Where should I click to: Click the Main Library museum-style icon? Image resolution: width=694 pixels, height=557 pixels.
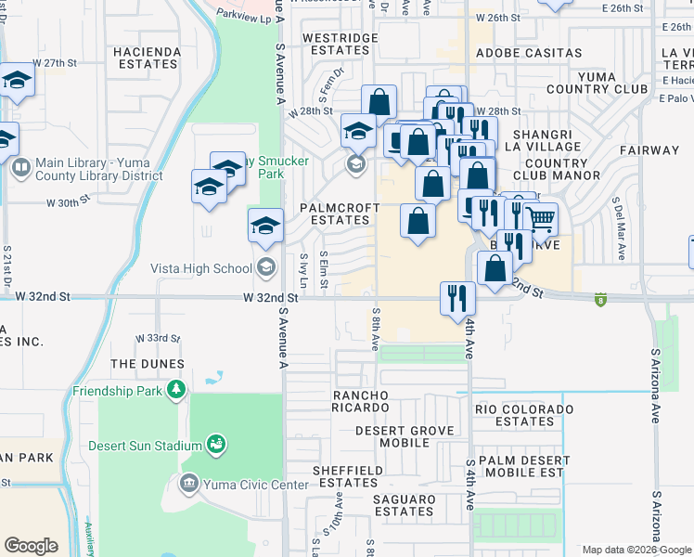pyautogui.click(x=20, y=168)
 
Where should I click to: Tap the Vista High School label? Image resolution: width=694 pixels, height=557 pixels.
pyautogui.click(x=200, y=269)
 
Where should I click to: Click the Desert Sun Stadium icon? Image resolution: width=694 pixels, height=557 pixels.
pyautogui.click(x=216, y=445)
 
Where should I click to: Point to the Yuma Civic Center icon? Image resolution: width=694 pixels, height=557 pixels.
pyautogui.click(x=188, y=484)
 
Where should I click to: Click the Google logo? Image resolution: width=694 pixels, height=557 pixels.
pyautogui.click(x=31, y=545)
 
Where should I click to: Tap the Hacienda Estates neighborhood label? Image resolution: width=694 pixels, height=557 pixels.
pyautogui.click(x=145, y=58)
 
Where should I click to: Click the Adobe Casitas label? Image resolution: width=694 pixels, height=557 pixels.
pyautogui.click(x=528, y=53)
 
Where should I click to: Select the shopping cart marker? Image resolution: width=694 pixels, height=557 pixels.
pyautogui.click(x=540, y=220)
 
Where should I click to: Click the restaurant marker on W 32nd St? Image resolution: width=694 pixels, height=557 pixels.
pyautogui.click(x=457, y=297)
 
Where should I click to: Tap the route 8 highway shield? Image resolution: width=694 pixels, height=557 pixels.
pyautogui.click(x=600, y=299)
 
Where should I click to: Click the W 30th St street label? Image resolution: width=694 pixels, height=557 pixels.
pyautogui.click(x=69, y=200)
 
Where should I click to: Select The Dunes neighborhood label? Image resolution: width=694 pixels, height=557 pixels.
pyautogui.click(x=148, y=364)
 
